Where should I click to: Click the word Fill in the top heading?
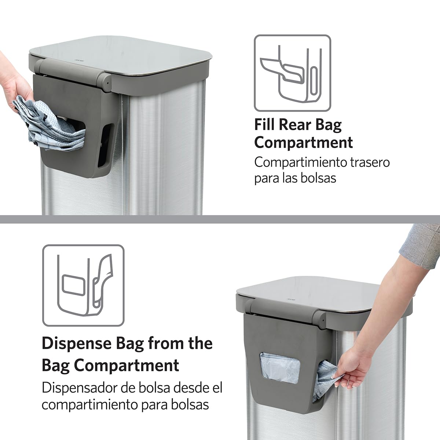pos(265,125)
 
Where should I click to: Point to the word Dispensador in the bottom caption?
pos(77,388)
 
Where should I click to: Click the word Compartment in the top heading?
pos(304,142)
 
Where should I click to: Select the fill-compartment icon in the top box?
pos(292,73)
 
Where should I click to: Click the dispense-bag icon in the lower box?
pos(83,285)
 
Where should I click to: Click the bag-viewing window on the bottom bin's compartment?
pos(280,368)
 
